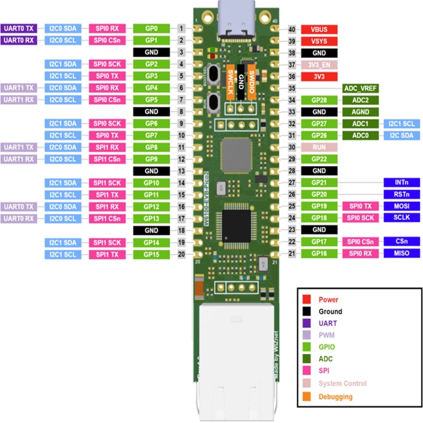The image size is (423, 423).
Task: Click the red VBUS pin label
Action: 319,29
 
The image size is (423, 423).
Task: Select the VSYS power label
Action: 319,41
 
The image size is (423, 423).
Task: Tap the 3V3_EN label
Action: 319,64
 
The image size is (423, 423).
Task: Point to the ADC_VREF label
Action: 361,88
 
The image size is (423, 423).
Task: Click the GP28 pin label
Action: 319,100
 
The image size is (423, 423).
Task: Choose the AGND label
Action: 361,111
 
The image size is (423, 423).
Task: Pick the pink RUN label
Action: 319,147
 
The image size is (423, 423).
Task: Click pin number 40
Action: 292,29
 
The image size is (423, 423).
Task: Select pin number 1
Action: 180,29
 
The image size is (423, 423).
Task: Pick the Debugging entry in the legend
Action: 336,396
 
